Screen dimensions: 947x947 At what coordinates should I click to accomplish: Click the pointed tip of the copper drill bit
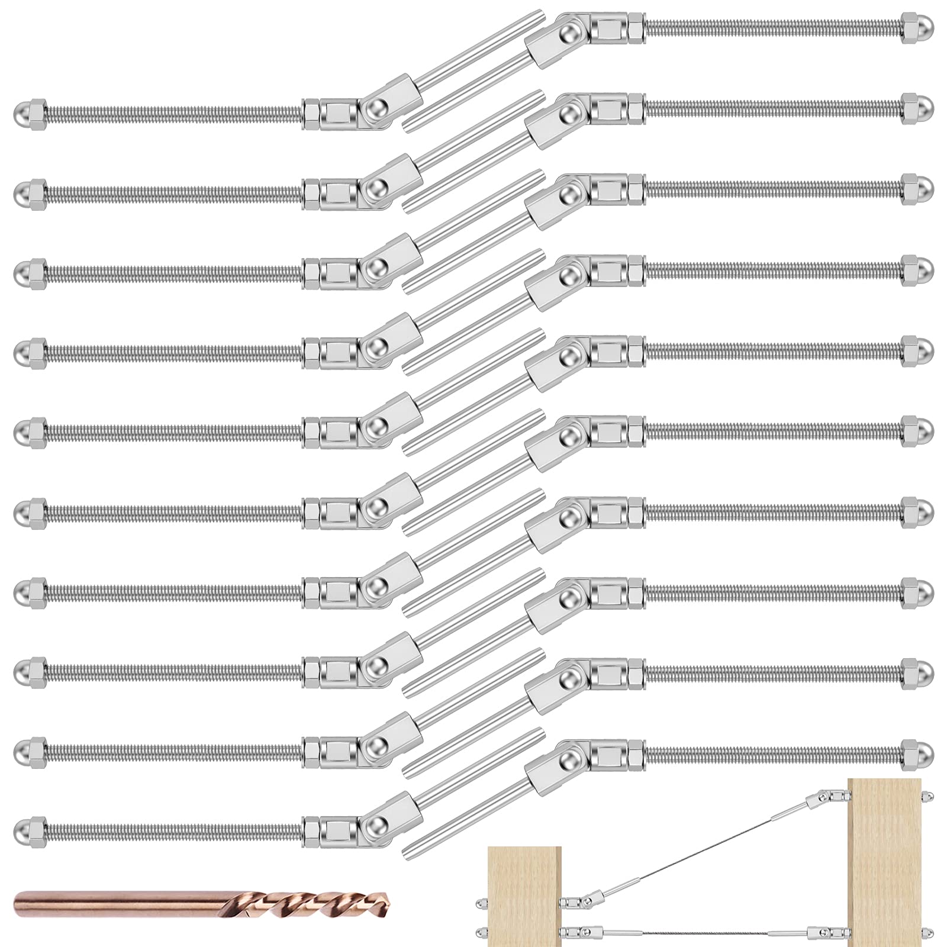(x=391, y=905)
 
